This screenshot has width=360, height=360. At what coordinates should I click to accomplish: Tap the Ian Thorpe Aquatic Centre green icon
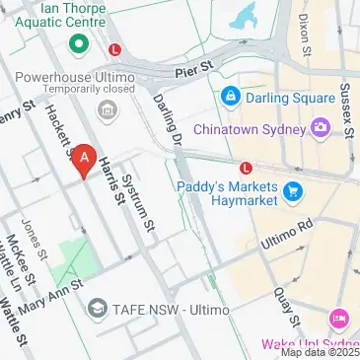pyautogui.click(x=78, y=45)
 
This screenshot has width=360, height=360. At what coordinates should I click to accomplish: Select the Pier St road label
pyautogui.click(x=192, y=70)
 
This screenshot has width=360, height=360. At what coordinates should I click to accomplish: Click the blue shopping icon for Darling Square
pyautogui.click(x=231, y=97)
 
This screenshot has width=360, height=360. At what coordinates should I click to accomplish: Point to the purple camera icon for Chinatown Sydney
pyautogui.click(x=321, y=127)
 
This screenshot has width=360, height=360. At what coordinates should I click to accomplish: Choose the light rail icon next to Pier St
pyautogui.click(x=115, y=48)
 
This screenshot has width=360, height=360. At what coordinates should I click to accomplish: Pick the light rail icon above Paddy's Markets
pyautogui.click(x=244, y=167)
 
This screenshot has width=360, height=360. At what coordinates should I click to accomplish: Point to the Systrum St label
pyautogui.click(x=139, y=208)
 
